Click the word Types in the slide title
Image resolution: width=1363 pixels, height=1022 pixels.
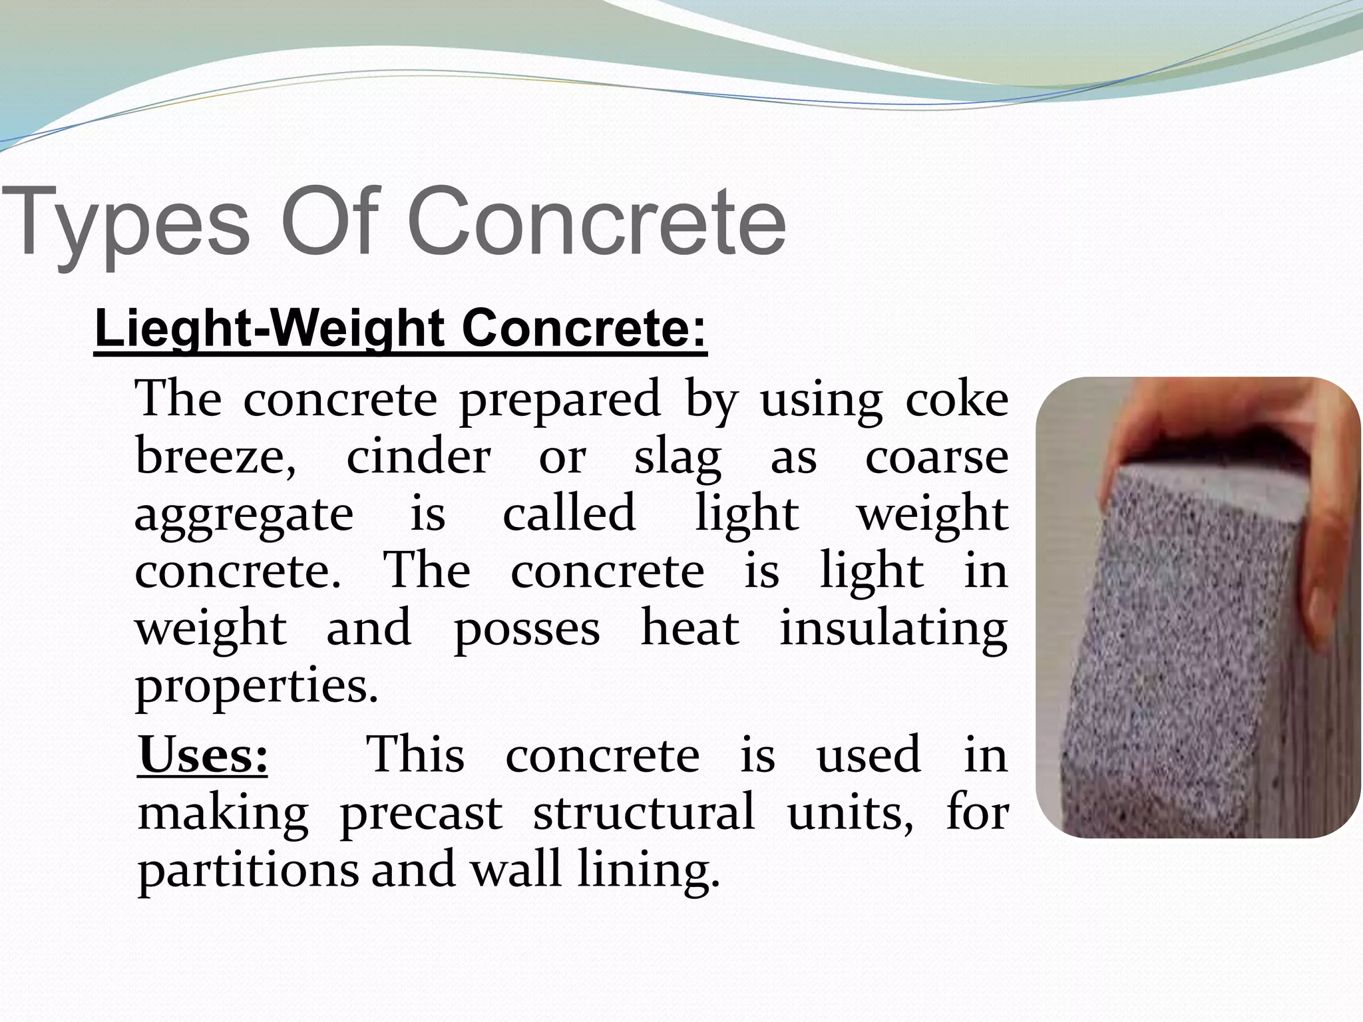126,223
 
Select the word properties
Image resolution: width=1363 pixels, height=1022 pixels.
256,687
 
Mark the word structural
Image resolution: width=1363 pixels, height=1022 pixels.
644,812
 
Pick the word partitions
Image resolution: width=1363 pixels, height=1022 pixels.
248,870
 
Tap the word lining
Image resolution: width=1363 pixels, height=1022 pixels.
648,870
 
